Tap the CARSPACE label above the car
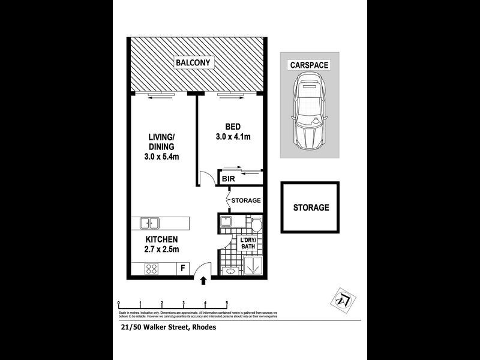point(309,65)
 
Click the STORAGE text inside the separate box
point(311,208)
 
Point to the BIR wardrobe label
point(228,179)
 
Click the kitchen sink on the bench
point(150,224)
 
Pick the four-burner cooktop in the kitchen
point(151,268)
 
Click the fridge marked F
point(182,269)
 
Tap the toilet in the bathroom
point(256,225)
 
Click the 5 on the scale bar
point(227,302)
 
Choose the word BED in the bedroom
point(233,127)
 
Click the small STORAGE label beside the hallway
point(247,200)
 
